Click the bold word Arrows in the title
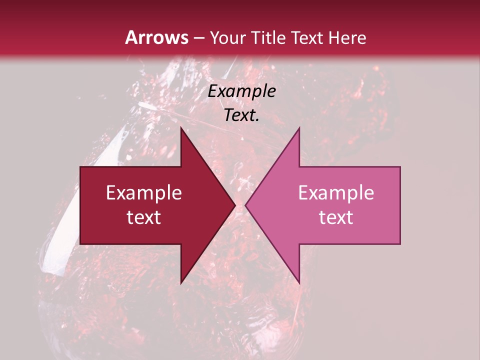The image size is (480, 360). tap(157, 37)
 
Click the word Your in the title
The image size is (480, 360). tap(227, 38)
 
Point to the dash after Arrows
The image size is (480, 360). tap(199, 38)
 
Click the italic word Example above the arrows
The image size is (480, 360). tap(241, 91)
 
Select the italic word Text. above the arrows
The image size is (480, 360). tap(241, 115)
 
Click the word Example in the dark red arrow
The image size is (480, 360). tap(143, 193)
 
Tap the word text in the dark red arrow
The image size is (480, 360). tap(143, 217)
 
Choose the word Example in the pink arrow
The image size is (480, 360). tap(336, 193)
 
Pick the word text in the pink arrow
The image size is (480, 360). tap(336, 217)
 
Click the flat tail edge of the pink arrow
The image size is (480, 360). tap(399, 205)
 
